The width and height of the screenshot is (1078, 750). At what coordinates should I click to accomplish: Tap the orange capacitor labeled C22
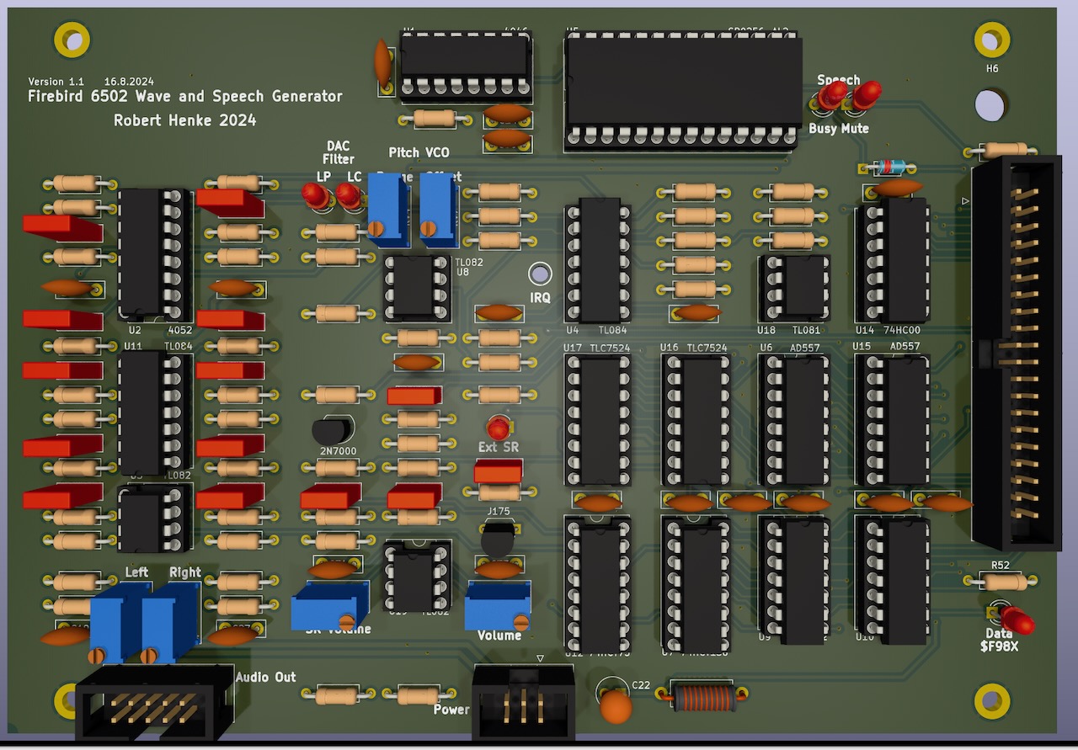[x=616, y=706]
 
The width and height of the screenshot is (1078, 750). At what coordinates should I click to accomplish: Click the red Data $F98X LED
[x=1017, y=620]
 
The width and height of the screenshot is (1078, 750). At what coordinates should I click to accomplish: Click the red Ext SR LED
[x=499, y=426]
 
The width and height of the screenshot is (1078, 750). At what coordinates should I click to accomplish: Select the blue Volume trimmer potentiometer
[x=498, y=605]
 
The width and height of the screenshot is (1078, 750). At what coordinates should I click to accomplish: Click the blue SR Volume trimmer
[x=328, y=605]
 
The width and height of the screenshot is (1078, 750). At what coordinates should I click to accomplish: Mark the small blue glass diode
[x=887, y=166]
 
